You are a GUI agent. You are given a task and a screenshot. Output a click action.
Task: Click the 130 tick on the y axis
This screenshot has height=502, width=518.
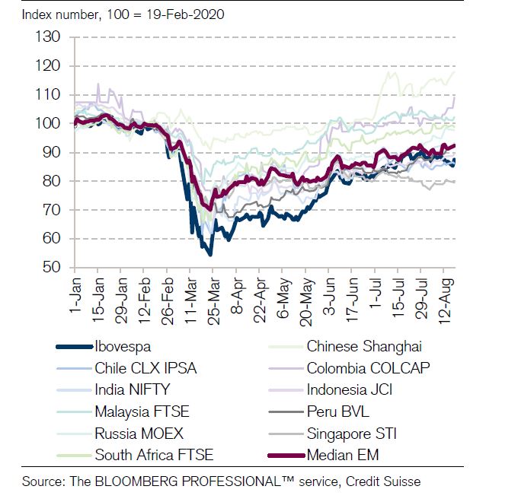coord(47,37)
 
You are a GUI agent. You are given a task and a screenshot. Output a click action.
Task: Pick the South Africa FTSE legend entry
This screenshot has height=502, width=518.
coord(154,456)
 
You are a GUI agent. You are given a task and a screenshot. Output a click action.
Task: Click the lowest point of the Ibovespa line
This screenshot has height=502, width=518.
coord(210,254)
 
